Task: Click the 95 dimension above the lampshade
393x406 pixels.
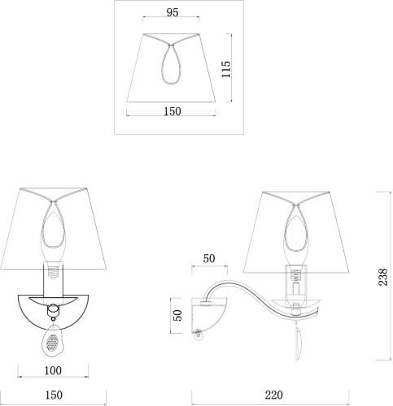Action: point(172,12)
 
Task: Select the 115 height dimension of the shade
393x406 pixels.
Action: point(226,69)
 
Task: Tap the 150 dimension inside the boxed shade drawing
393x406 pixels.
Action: point(172,111)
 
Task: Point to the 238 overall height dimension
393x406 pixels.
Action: point(383,277)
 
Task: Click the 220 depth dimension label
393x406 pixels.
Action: point(273,395)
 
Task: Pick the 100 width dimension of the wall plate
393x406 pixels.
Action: point(53,370)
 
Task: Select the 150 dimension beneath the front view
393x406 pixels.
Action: point(54,395)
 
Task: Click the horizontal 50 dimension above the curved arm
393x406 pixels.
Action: point(209,258)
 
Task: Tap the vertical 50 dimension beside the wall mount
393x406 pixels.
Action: point(177,315)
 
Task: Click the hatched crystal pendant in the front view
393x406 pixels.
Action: point(53,340)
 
